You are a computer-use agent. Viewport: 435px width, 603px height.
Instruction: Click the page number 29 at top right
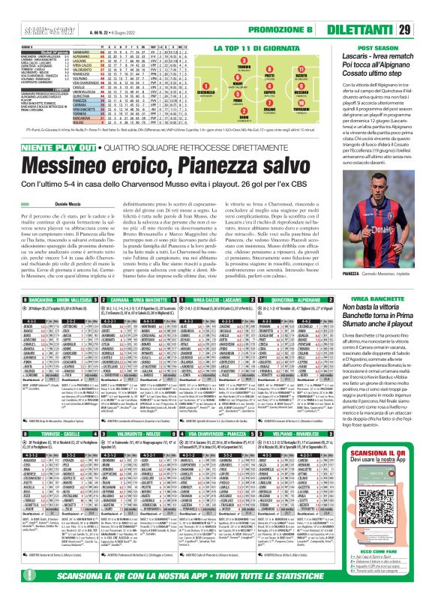tap(424, 9)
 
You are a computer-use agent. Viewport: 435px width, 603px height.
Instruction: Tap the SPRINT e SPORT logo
tap(25, 10)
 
